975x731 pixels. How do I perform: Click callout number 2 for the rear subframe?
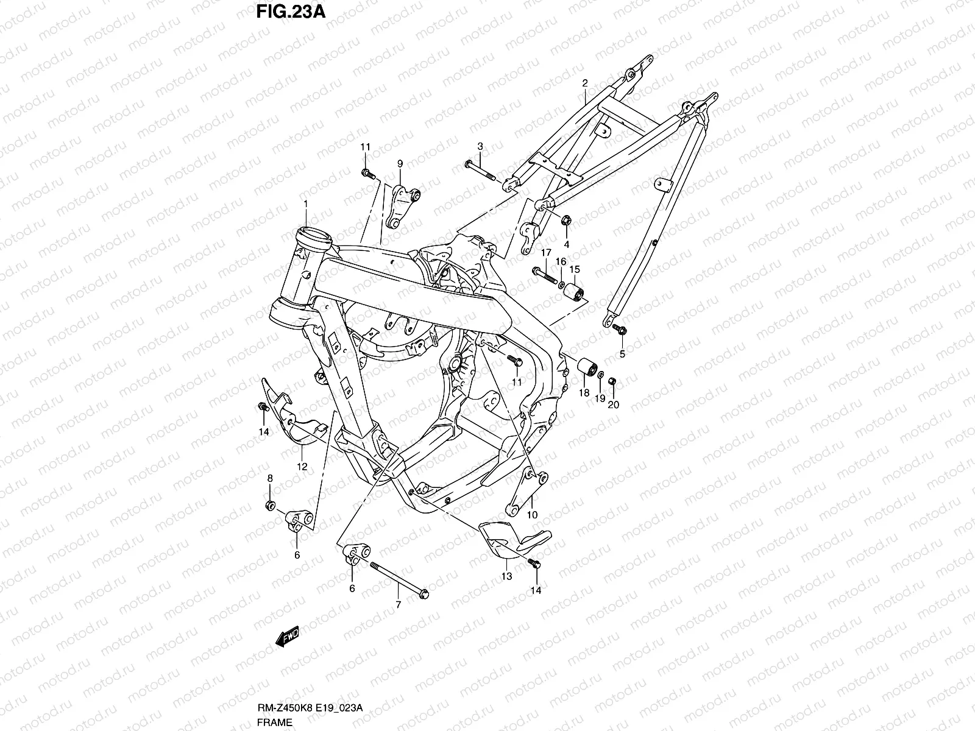click(x=584, y=82)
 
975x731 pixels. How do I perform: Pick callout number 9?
click(x=400, y=163)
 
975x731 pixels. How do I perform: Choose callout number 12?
click(x=302, y=467)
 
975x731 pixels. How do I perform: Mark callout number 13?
click(x=507, y=576)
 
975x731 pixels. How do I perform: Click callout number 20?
click(x=613, y=404)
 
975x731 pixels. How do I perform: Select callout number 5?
click(x=622, y=354)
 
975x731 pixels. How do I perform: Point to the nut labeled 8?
click(x=270, y=506)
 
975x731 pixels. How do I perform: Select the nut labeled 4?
click(x=565, y=221)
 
